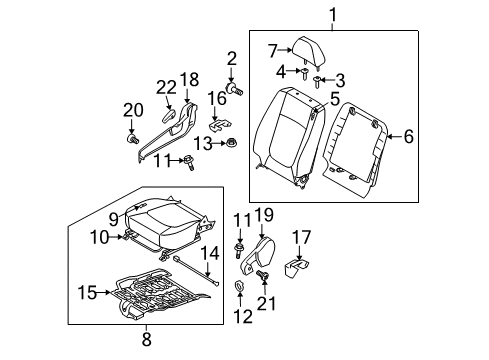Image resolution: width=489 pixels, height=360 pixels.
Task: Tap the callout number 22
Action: (166, 88)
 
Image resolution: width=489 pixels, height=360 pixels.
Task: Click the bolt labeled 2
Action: (234, 89)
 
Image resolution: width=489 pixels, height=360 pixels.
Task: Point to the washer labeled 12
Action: (239, 286)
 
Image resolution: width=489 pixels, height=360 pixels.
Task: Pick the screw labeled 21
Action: (263, 275)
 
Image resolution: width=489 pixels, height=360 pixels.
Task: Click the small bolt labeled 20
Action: (133, 139)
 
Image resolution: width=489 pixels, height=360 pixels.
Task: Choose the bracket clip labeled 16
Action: (219, 125)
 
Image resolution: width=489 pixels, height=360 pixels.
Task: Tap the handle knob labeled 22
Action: (169, 115)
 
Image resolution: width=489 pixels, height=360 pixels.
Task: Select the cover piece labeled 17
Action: (296, 267)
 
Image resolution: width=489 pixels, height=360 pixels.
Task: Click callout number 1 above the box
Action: (333, 15)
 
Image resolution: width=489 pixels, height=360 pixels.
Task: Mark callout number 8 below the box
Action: (147, 339)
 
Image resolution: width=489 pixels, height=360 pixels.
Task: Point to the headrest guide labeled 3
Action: (318, 82)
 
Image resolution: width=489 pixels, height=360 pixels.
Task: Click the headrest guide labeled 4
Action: (305, 73)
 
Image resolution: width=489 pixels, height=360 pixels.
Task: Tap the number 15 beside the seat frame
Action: (87, 293)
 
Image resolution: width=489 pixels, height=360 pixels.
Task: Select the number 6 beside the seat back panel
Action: (409, 136)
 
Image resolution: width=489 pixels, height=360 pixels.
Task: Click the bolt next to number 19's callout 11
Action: (239, 250)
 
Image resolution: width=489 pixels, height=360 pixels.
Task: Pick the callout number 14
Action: (210, 254)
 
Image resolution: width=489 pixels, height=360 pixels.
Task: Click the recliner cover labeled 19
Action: (258, 256)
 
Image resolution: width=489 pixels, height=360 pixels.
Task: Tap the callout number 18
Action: (189, 80)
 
